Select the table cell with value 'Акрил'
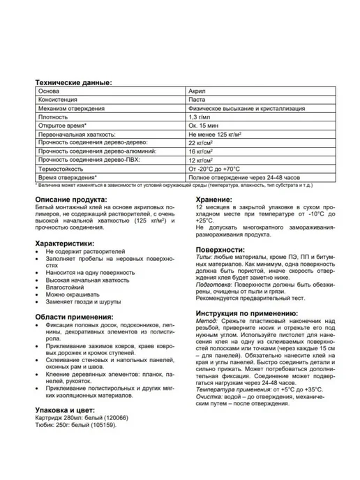tap(197, 91)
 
